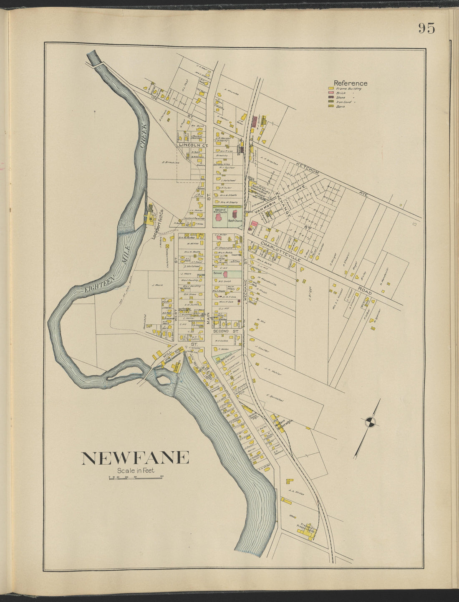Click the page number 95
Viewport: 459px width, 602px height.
pyautogui.click(x=426, y=28)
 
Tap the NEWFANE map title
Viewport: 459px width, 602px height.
pyautogui.click(x=135, y=458)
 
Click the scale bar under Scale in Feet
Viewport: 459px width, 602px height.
pyautogui.click(x=136, y=477)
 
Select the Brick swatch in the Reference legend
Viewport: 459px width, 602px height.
pyautogui.click(x=330, y=93)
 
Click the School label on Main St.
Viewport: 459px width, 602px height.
pyautogui.click(x=217, y=273)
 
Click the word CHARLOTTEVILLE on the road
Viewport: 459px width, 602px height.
pyautogui.click(x=280, y=250)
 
